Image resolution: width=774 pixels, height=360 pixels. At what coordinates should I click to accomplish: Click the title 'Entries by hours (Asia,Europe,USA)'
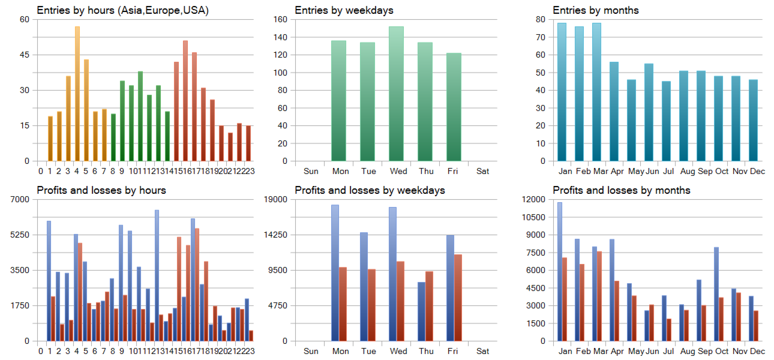(x=122, y=10)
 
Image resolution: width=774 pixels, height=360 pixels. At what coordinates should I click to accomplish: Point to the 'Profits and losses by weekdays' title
(x=370, y=190)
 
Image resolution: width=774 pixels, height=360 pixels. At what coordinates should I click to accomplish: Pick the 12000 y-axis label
(x=534, y=199)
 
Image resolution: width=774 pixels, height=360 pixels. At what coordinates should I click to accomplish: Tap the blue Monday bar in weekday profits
(x=335, y=273)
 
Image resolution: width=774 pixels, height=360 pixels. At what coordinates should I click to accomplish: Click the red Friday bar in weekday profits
(x=458, y=298)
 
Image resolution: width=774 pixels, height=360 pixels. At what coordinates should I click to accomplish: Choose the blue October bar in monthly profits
(x=716, y=294)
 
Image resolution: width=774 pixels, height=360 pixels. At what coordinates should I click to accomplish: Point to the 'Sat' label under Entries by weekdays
(x=482, y=171)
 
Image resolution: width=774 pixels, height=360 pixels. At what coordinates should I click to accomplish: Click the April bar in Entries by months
(x=614, y=112)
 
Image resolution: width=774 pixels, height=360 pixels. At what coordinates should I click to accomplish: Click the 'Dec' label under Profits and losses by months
(x=757, y=351)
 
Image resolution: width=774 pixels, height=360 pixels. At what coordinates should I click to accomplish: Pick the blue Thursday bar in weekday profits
(x=421, y=311)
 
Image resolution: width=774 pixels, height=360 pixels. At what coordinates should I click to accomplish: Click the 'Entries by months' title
(x=587, y=10)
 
